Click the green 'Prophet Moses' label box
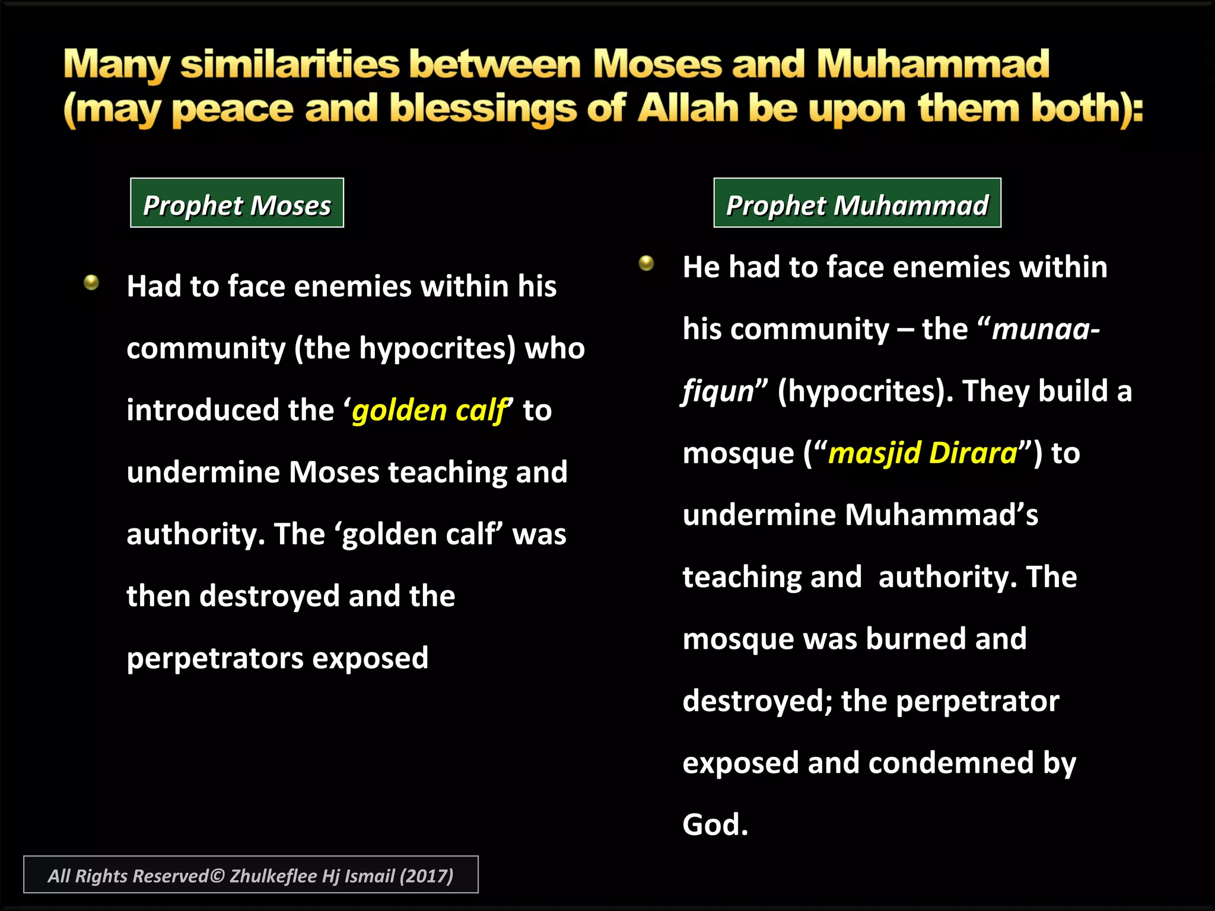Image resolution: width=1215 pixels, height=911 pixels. click(x=237, y=203)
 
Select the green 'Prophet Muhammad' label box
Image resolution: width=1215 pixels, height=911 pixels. click(x=857, y=203)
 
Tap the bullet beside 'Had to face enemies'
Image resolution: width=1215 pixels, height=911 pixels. click(x=91, y=282)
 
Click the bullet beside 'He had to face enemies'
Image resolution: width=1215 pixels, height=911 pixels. click(x=646, y=263)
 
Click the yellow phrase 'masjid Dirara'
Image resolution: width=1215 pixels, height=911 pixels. click(x=923, y=453)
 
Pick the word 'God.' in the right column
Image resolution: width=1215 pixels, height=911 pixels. click(x=715, y=825)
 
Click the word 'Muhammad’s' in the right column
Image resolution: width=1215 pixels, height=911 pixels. click(x=942, y=515)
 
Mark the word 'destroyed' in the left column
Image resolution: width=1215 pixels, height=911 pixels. click(x=269, y=596)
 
